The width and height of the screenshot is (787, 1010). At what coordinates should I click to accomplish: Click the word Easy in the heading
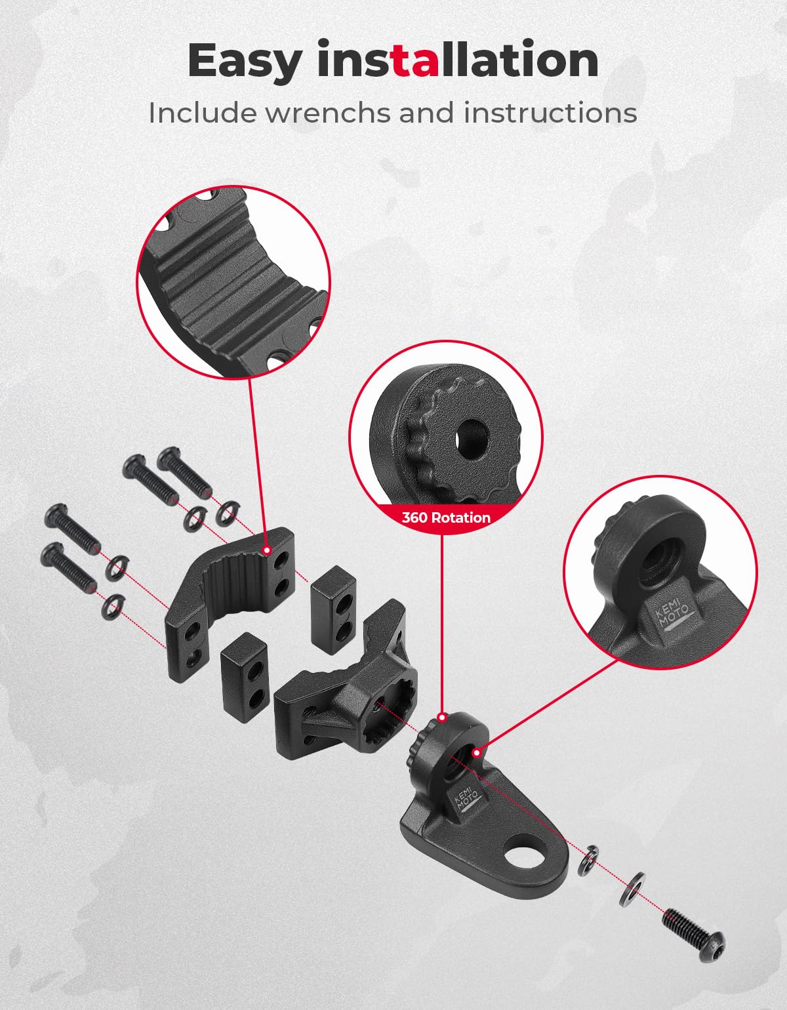[x=244, y=62]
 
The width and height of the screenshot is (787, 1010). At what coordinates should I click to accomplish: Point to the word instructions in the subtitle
[x=550, y=113]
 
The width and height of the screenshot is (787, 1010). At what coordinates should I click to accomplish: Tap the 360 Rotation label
[x=446, y=517]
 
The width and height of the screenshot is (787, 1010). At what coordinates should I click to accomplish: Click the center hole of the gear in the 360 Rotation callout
[x=472, y=438]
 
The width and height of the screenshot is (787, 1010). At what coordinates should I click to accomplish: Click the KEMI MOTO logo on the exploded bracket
[x=468, y=799]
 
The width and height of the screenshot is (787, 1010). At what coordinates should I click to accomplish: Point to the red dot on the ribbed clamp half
[x=267, y=550]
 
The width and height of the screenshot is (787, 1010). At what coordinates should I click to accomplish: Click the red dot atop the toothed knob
[x=442, y=717]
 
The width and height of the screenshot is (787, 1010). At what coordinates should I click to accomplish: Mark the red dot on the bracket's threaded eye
[x=477, y=752]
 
